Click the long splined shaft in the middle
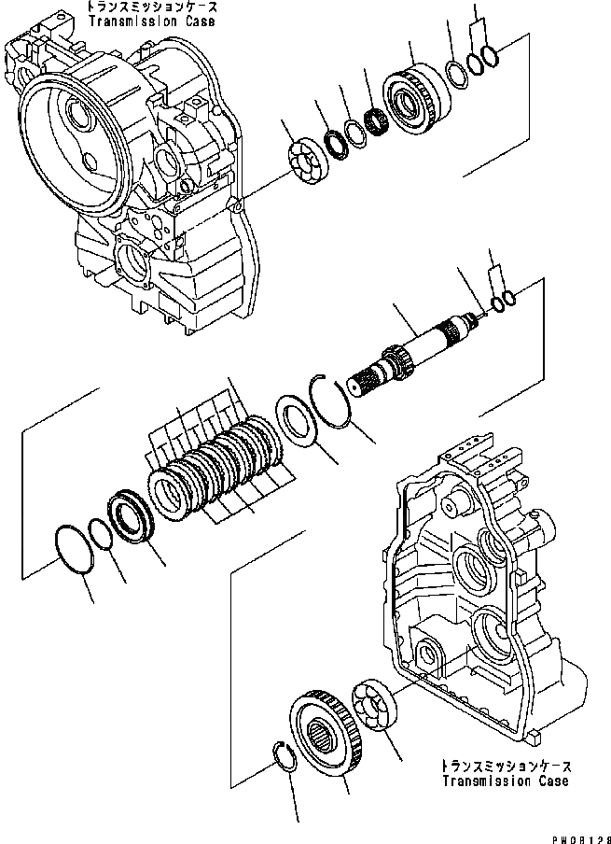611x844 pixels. pyautogui.click(x=410, y=351)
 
